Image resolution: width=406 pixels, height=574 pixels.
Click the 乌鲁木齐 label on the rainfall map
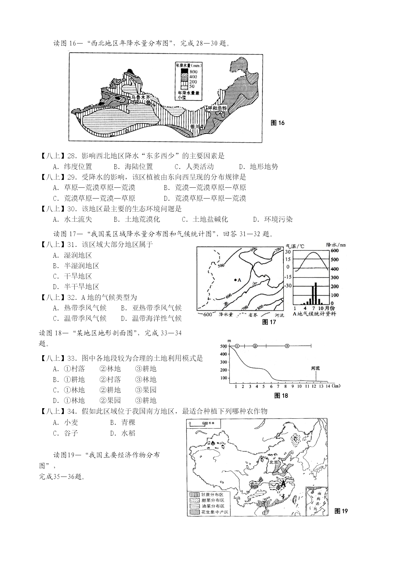[140, 97]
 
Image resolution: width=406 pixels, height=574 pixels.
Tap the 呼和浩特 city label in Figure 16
[217, 108]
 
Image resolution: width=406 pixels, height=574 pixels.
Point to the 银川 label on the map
[196, 127]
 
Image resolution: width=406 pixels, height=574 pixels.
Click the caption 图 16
[278, 123]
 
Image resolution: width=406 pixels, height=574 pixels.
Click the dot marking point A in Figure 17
[235, 280]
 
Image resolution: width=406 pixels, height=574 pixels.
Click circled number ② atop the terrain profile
[255, 346]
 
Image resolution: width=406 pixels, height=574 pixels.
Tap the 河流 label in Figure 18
[315, 368]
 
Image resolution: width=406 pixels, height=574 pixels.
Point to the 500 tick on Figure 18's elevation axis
[223, 346]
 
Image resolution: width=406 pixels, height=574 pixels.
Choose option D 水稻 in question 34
[123, 433]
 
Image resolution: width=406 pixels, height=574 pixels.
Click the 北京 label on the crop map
[273, 462]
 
